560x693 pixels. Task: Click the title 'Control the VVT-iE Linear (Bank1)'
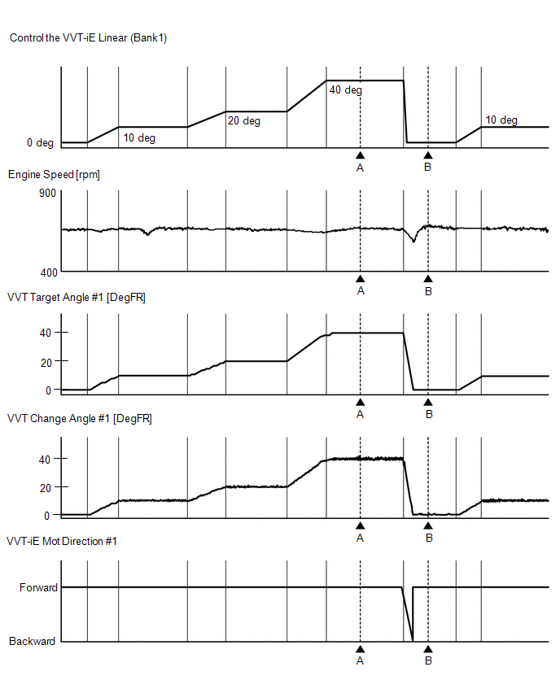click(88, 38)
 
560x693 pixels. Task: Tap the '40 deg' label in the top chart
click(345, 90)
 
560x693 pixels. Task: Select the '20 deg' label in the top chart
click(243, 121)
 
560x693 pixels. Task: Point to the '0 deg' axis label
click(40, 143)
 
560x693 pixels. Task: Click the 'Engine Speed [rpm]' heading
click(54, 175)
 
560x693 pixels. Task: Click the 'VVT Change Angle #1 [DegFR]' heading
click(79, 419)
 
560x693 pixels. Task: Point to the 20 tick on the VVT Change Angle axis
click(46, 487)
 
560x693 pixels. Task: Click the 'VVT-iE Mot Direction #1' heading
click(62, 541)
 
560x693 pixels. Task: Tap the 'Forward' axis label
click(38, 587)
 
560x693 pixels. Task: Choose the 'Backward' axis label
click(33, 642)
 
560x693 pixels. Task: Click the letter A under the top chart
click(360, 168)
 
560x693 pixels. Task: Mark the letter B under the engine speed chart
click(428, 291)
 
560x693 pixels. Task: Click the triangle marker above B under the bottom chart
click(428, 649)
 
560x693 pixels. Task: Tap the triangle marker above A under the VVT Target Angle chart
click(360, 403)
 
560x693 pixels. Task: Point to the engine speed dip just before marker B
click(413, 241)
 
